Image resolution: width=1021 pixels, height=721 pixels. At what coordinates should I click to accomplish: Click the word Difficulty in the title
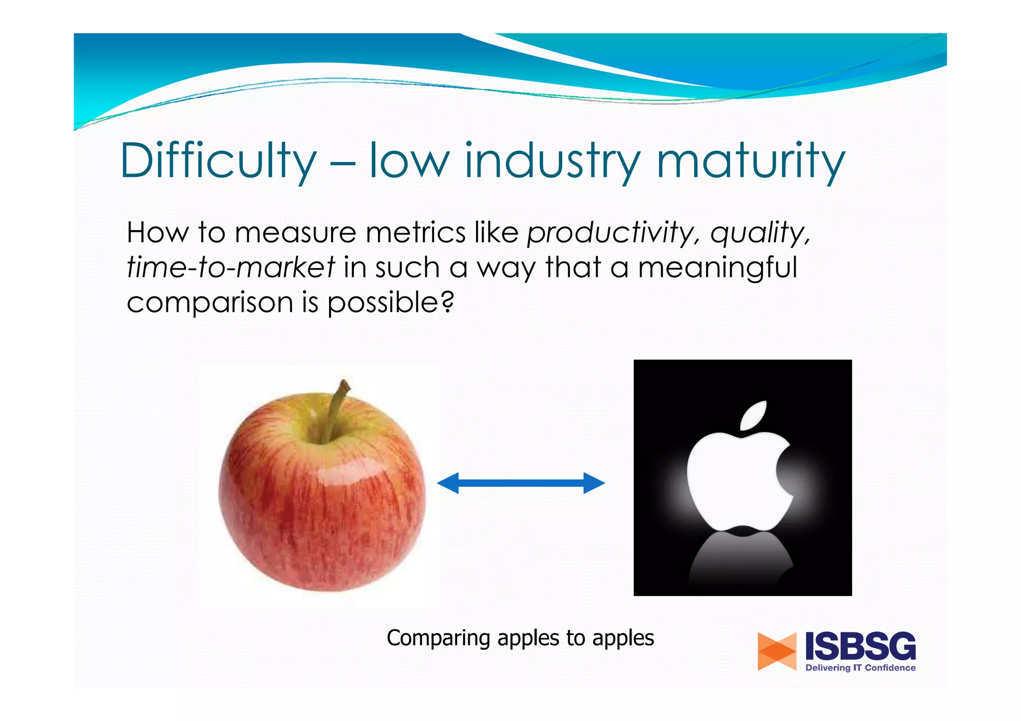click(x=218, y=160)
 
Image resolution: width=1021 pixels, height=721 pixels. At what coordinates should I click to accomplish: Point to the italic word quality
click(x=760, y=233)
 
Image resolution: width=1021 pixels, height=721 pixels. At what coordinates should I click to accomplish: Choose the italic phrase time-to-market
click(x=231, y=267)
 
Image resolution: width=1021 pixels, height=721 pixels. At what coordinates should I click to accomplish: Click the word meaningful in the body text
click(x=717, y=267)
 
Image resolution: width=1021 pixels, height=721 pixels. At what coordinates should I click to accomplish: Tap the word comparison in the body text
click(x=209, y=302)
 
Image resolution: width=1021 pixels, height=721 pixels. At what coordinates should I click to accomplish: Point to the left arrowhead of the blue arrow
click(x=448, y=483)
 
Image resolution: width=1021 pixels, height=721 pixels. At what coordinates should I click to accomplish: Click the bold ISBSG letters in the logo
click(x=860, y=647)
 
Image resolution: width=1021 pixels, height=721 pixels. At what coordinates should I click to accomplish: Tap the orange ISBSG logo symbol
click(x=776, y=651)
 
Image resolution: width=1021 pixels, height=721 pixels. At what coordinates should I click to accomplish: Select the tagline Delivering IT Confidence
click(x=860, y=668)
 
